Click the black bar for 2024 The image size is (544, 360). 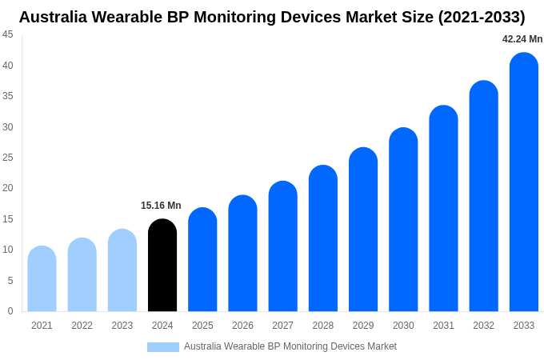[162, 266]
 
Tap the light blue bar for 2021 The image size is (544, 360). [42, 279]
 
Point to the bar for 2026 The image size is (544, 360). [242, 254]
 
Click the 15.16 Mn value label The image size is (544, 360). [161, 206]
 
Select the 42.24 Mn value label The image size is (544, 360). [522, 39]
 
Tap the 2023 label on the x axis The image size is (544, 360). [122, 326]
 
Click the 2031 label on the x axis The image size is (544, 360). [443, 326]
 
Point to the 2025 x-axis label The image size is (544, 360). [202, 326]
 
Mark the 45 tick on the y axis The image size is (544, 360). [8, 34]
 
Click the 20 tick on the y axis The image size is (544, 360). [8, 188]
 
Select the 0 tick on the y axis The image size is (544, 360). [10, 311]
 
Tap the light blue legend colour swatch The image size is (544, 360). [163, 347]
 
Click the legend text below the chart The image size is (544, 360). [290, 346]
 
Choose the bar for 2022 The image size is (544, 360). [82, 275]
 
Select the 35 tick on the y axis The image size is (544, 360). [8, 96]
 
